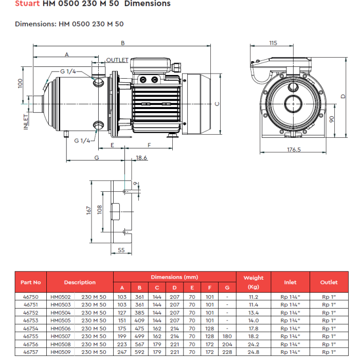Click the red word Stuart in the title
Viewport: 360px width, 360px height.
pyautogui.click(x=27, y=4)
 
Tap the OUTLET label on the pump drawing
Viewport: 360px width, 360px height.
pyautogui.click(x=117, y=60)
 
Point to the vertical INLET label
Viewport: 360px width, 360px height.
pyautogui.click(x=26, y=122)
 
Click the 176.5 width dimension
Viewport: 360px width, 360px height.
pyautogui.click(x=294, y=150)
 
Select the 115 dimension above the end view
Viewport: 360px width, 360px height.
pyautogui.click(x=273, y=43)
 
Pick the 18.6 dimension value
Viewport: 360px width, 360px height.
pyautogui.click(x=141, y=158)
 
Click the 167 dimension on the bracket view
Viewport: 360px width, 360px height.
pyautogui.click(x=89, y=210)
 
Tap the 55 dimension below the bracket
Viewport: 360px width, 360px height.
pyautogui.click(x=121, y=250)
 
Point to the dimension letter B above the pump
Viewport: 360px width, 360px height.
pyautogui.click(x=123, y=43)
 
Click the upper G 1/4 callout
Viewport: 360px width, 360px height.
pyautogui.click(x=68, y=71)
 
